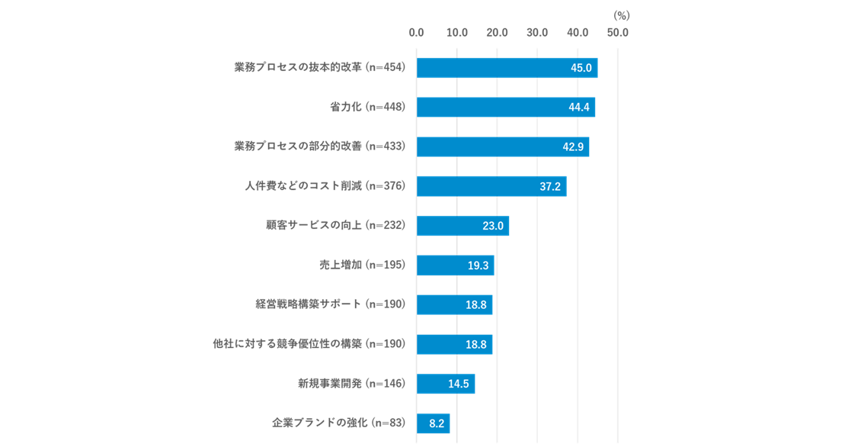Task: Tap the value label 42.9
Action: click(573, 147)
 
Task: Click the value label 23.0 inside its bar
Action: click(494, 226)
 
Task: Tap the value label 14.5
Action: click(459, 384)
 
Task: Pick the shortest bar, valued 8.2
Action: click(433, 423)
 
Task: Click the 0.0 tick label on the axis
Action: click(417, 33)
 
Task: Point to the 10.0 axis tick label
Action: click(457, 33)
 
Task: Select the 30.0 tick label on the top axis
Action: click(537, 33)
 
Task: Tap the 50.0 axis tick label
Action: click(617, 33)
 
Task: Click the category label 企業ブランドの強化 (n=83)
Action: click(338, 423)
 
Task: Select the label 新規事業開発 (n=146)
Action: click(351, 383)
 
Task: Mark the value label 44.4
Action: click(579, 108)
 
